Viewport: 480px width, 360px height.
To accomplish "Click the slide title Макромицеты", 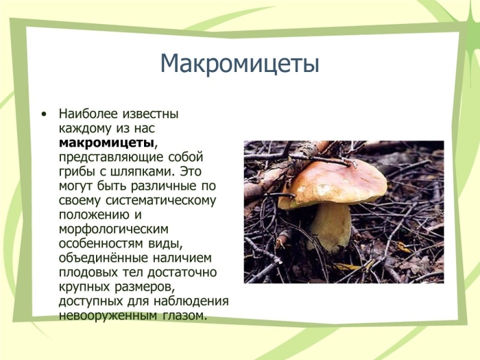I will tap(240, 64).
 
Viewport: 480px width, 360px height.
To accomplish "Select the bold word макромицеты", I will tap(106, 143).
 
